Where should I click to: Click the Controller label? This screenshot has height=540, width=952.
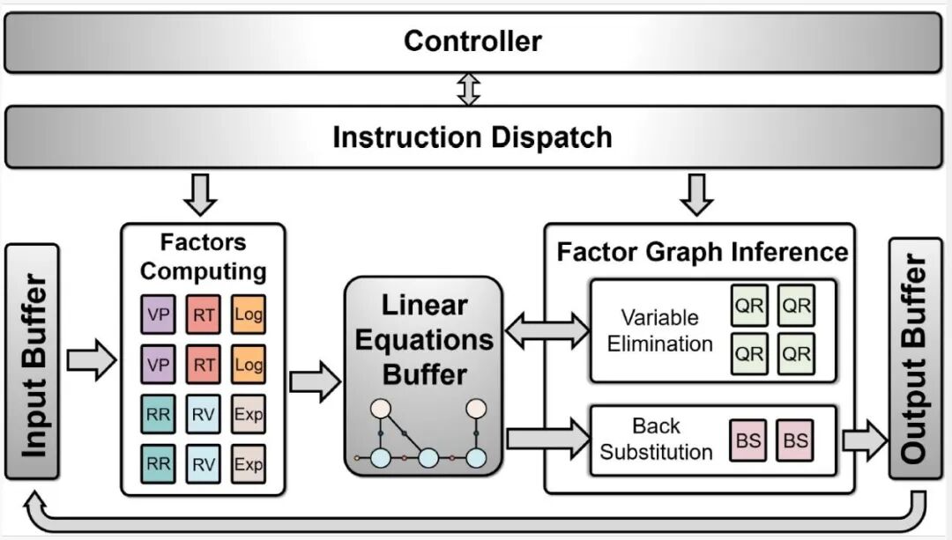pos(472,41)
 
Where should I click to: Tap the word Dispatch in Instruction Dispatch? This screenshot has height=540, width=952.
pos(551,137)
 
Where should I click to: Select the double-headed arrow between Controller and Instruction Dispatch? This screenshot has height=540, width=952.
pos(469,89)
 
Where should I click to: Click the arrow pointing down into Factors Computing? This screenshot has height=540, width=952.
pos(200,194)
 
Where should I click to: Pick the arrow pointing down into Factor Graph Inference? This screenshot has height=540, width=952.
pos(696,194)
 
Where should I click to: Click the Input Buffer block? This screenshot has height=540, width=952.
pos(33,362)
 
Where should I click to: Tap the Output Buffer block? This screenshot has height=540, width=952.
pos(916,358)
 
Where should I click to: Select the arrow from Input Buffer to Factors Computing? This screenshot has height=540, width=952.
pos(91,359)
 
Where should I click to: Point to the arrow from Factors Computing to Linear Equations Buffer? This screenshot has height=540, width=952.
pos(315,381)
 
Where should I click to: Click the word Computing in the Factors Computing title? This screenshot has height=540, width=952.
pos(203,271)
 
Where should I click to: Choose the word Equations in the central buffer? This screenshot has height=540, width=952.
pos(424,340)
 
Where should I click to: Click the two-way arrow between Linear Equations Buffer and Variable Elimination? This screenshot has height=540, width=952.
pos(547,330)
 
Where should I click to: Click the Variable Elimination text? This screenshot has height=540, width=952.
pos(660,330)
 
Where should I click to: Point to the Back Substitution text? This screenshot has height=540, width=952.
pos(657,439)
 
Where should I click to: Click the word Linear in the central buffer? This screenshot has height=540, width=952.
pos(424,305)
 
